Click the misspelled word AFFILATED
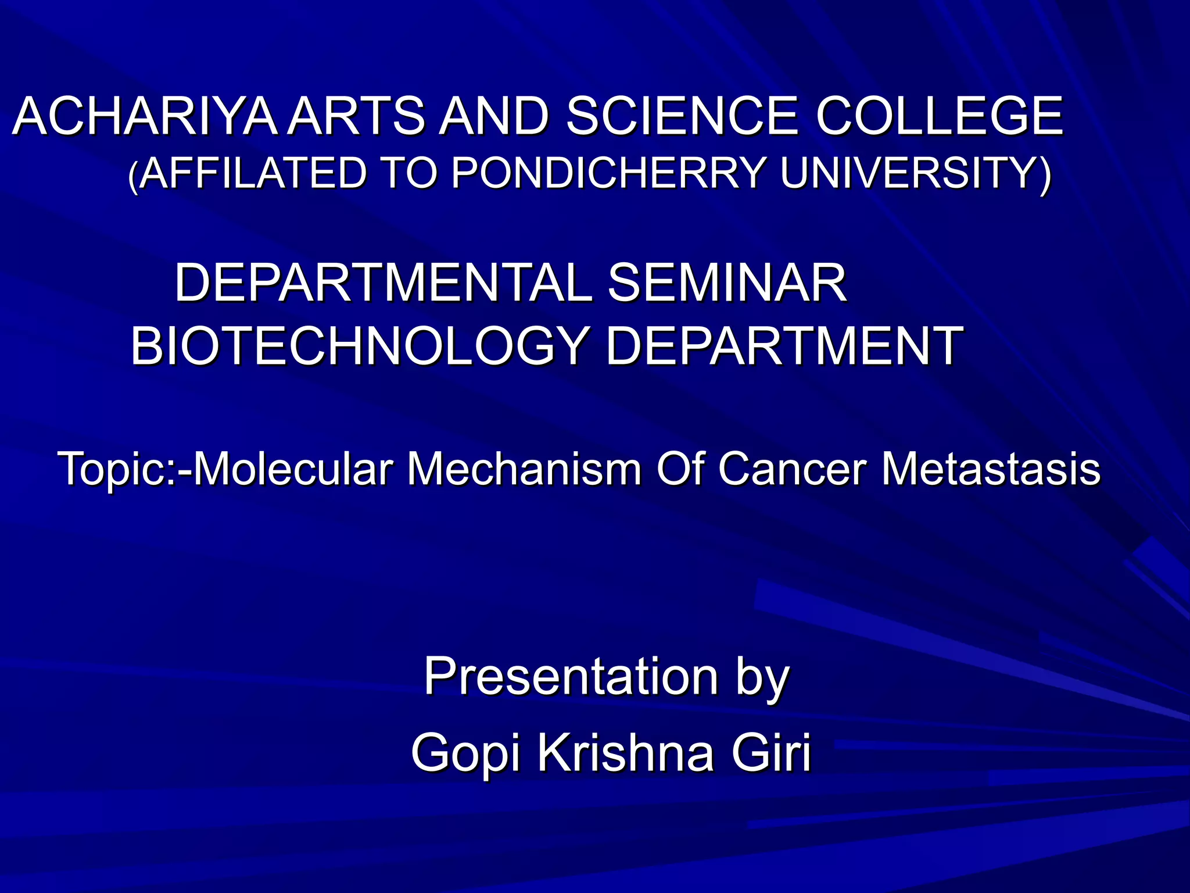point(253,173)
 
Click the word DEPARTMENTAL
point(383,283)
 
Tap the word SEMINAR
point(726,283)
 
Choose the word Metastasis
point(991,469)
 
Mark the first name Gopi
point(465,754)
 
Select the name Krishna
point(625,753)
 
